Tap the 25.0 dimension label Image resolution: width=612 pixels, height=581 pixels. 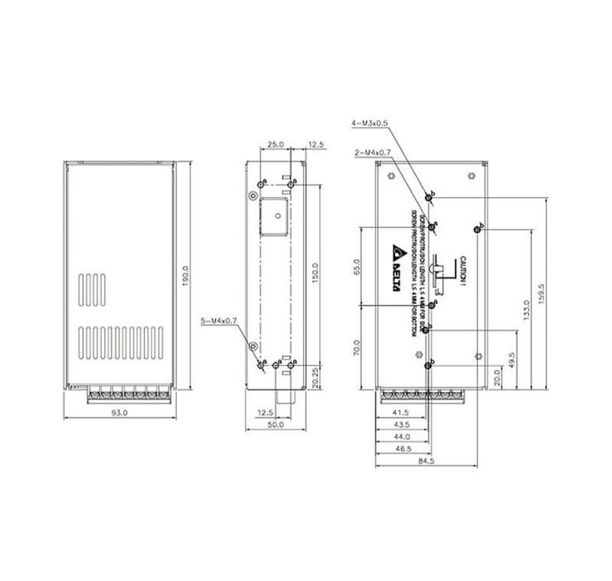(x=276, y=144)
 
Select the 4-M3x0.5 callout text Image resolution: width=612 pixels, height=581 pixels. (x=370, y=123)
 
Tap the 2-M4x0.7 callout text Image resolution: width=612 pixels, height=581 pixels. (x=371, y=153)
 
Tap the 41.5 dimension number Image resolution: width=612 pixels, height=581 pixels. (x=400, y=412)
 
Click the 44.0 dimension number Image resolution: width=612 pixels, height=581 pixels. (x=401, y=436)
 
